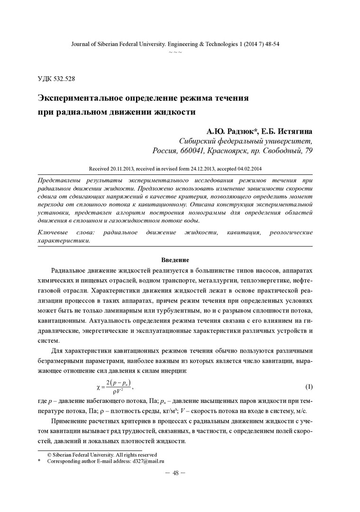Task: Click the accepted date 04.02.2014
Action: (x=248, y=168)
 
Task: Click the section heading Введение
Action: (x=175, y=260)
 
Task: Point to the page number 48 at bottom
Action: (x=175, y=474)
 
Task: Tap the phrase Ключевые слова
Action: (x=66, y=232)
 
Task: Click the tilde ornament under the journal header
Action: (x=175, y=51)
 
